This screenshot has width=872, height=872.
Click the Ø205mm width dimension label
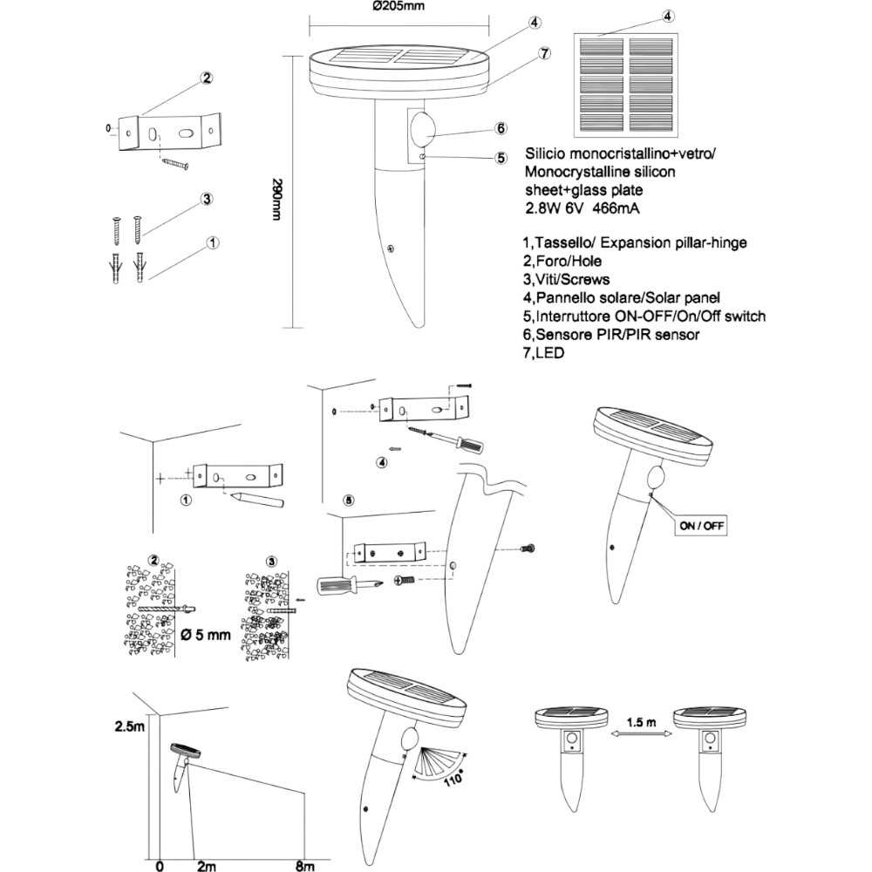398,7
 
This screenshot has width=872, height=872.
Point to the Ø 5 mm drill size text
206,635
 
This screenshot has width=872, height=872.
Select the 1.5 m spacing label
644,722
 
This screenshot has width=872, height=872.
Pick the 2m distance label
206,864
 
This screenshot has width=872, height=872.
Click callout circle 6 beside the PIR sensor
501,129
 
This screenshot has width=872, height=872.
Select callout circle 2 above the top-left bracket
207,78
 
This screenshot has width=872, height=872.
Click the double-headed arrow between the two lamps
644,737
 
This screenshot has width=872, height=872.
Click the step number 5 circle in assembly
349,501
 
